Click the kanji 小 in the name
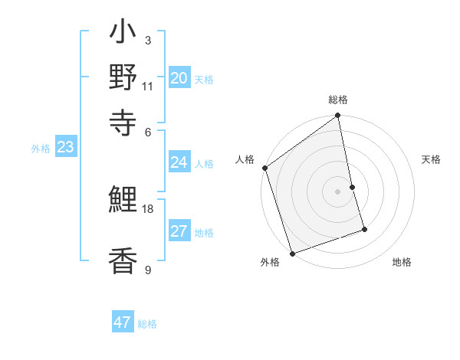pyautogui.click(x=123, y=34)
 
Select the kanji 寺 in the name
pyautogui.click(x=123, y=120)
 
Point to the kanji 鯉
pyautogui.click(x=123, y=201)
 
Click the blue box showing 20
pyautogui.click(x=179, y=78)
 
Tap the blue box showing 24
pyautogui.click(x=179, y=162)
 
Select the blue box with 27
pyautogui.click(x=179, y=231)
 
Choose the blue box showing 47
pyautogui.click(x=123, y=322)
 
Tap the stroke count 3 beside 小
pyautogui.click(x=147, y=40)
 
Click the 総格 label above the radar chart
pyautogui.click(x=338, y=100)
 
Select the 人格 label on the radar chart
pyautogui.click(x=245, y=159)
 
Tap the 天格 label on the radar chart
pyautogui.click(x=431, y=159)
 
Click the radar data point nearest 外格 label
pyautogui.click(x=292, y=253)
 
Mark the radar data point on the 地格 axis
pyautogui.click(x=364, y=229)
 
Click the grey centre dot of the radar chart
pyautogui.click(x=338, y=191)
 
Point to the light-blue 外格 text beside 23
pyautogui.click(x=41, y=149)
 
